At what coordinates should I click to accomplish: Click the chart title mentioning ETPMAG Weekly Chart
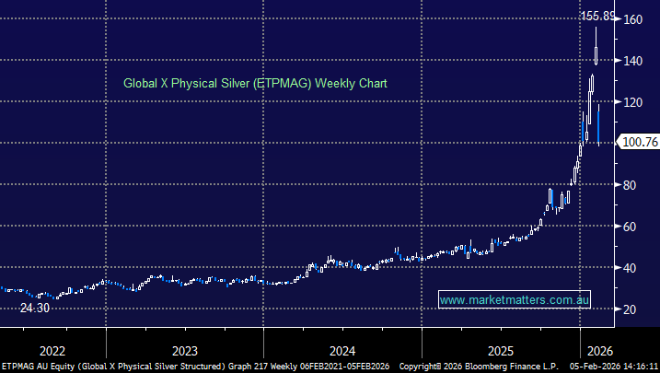point(255,83)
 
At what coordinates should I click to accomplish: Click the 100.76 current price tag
point(638,142)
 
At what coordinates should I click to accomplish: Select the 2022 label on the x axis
point(52,350)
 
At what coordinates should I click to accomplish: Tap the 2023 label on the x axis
point(184,350)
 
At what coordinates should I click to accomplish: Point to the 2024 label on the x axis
point(342,350)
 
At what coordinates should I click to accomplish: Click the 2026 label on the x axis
point(600,350)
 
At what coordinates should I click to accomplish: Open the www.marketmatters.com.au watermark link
point(514,300)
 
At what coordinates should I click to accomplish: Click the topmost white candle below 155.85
point(596,46)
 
